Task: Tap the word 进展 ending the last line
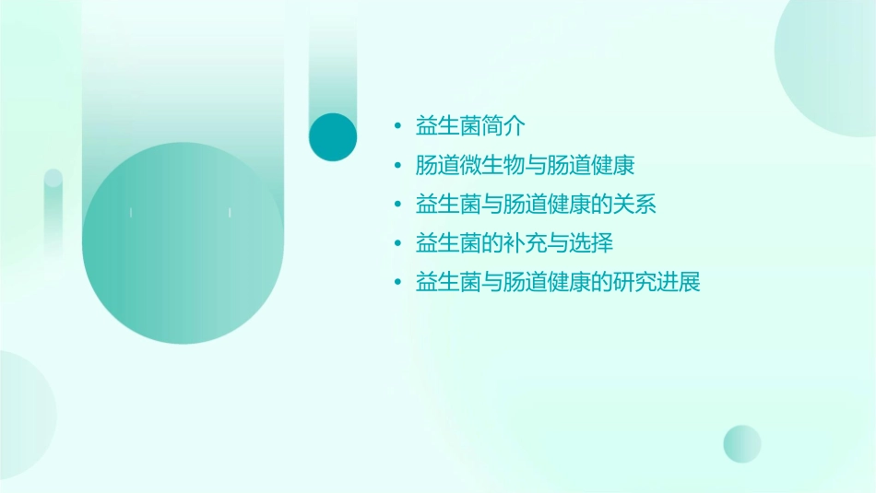click(680, 282)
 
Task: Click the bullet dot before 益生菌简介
click(397, 127)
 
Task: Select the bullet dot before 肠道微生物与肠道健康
click(397, 166)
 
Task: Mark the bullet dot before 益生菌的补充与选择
click(397, 243)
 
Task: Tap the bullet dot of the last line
click(397, 282)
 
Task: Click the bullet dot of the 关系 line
click(397, 205)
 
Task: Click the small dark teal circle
click(333, 136)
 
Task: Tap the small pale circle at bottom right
click(742, 443)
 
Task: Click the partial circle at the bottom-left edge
click(23, 415)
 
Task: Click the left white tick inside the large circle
click(131, 213)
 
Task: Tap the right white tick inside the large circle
click(229, 213)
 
